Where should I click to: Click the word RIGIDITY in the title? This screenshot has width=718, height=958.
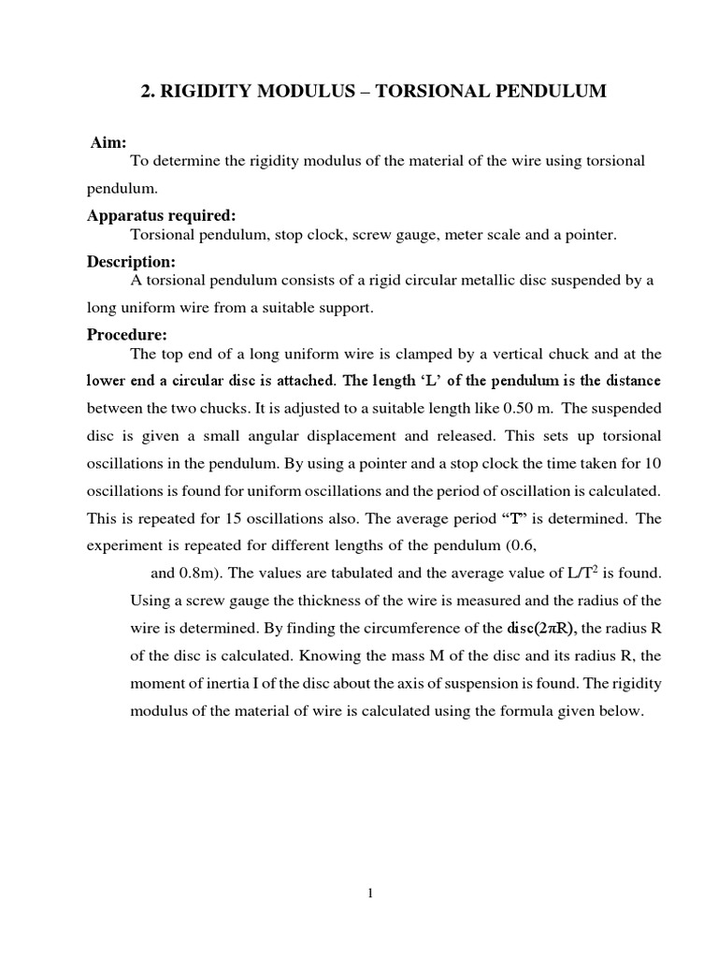pos(200,91)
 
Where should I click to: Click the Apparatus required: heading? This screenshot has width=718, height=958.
pos(161,216)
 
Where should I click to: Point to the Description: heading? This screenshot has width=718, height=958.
pos(131,262)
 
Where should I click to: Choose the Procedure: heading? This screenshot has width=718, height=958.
pos(127,335)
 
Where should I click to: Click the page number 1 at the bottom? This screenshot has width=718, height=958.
pos(370,893)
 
